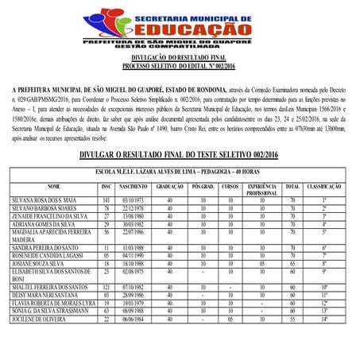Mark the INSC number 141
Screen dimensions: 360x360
point(105,199)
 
